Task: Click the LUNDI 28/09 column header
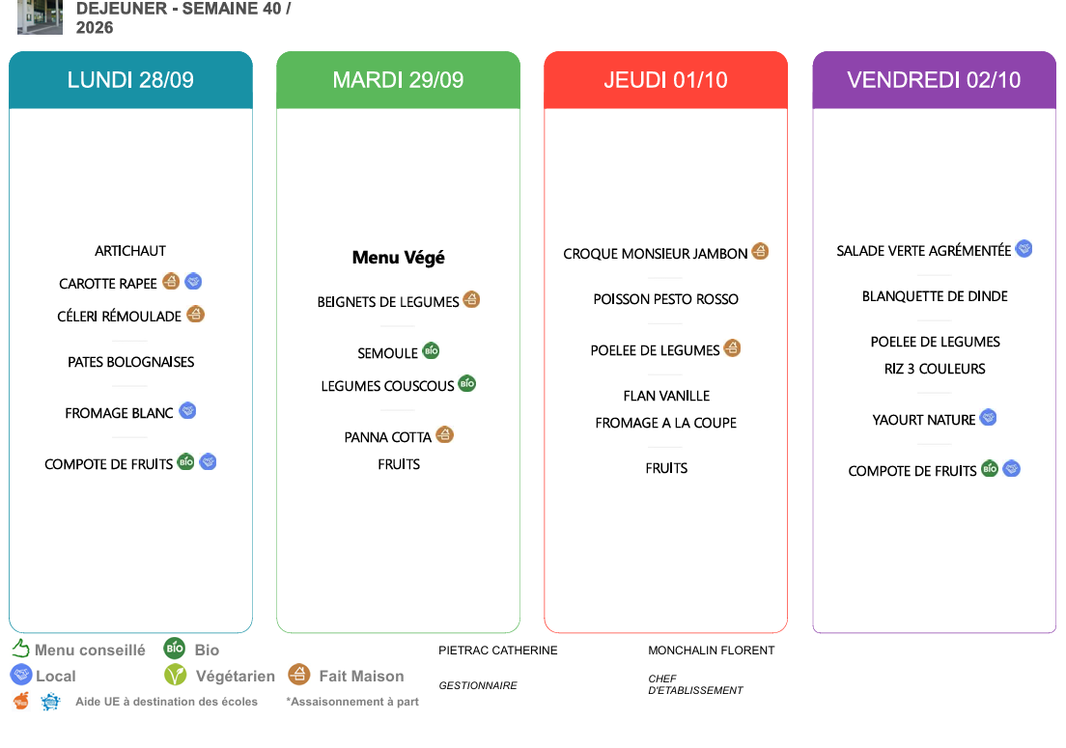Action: coord(130,80)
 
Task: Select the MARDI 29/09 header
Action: coord(399,80)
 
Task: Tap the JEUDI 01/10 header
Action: coord(665,80)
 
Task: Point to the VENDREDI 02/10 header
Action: coord(934,80)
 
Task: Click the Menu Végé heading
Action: coord(399,258)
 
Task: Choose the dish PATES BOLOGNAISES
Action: coord(131,362)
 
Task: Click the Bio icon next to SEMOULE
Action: coord(431,350)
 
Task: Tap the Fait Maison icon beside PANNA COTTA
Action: coord(444,434)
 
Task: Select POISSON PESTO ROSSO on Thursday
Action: coord(665,299)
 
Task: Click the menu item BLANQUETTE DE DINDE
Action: coord(935,296)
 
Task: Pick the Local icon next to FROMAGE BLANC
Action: coord(187,410)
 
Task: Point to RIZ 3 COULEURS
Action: coord(935,369)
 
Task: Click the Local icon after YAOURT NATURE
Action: coord(989,417)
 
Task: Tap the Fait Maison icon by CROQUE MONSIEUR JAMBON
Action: coord(760,251)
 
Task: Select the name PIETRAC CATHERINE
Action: coord(497,651)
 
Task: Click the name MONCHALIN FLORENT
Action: coord(711,651)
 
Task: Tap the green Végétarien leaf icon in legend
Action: coord(176,675)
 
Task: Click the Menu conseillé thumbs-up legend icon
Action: coord(20,649)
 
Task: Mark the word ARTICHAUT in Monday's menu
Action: coord(130,251)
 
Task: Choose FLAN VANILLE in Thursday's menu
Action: coord(666,396)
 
